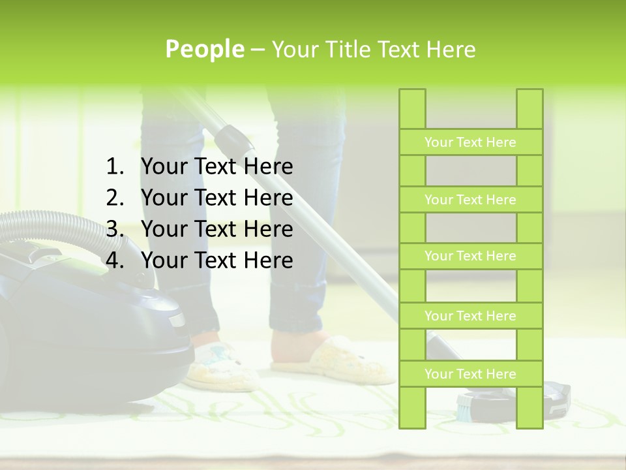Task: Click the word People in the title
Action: pos(205,49)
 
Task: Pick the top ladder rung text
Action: pos(470,142)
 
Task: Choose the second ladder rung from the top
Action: pos(470,200)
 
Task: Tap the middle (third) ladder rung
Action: pos(470,256)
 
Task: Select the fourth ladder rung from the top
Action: pos(470,316)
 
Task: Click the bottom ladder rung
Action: pos(470,374)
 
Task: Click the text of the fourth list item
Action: pos(216,260)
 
